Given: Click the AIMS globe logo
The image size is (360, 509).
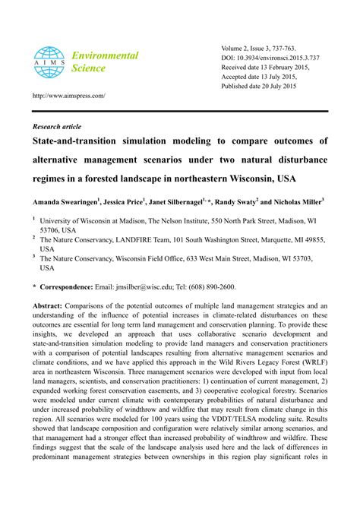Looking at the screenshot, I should click(x=49, y=62).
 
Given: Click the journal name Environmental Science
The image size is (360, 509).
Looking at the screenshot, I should click(x=105, y=62).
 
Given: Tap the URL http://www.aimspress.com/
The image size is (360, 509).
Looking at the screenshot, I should click(x=68, y=96).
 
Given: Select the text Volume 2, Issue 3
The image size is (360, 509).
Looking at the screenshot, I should click(x=251, y=47).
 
